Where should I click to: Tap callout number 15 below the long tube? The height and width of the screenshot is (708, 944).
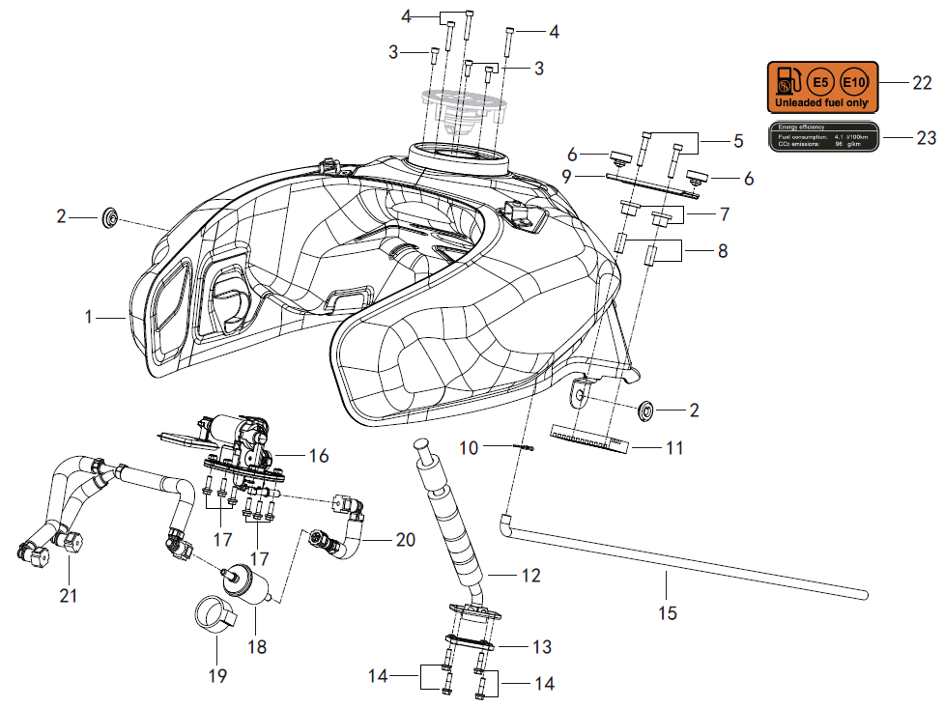click(666, 612)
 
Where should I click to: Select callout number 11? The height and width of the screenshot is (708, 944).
click(674, 447)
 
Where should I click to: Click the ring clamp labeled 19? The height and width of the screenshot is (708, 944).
click(215, 616)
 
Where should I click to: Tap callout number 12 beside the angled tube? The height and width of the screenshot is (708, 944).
click(530, 576)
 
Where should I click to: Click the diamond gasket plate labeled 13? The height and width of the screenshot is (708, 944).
click(471, 643)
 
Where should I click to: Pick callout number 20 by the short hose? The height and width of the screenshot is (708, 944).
click(405, 539)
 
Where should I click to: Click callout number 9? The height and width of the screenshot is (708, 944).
click(567, 177)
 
